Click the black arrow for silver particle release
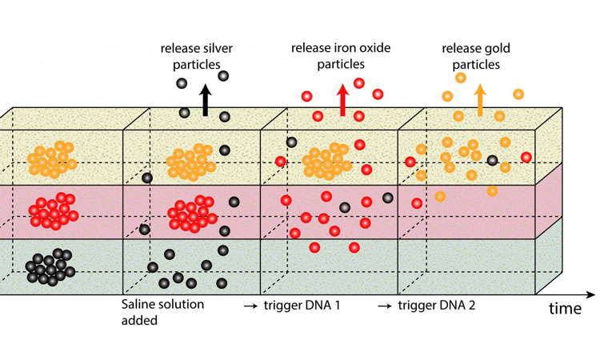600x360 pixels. [x=206, y=99]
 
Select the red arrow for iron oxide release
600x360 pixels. [x=342, y=99]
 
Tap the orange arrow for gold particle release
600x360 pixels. [x=480, y=99]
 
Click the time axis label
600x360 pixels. [x=565, y=308]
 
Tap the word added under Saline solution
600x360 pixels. [x=139, y=320]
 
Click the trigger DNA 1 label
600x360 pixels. [x=302, y=306]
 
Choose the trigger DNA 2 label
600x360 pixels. [x=437, y=306]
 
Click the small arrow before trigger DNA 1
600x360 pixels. [x=250, y=306]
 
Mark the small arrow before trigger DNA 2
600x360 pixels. [x=385, y=306]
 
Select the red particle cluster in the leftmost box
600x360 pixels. [x=54, y=210]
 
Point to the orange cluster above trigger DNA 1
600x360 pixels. [x=326, y=161]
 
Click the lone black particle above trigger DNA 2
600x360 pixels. [x=492, y=160]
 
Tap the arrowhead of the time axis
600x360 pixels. [x=591, y=294]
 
